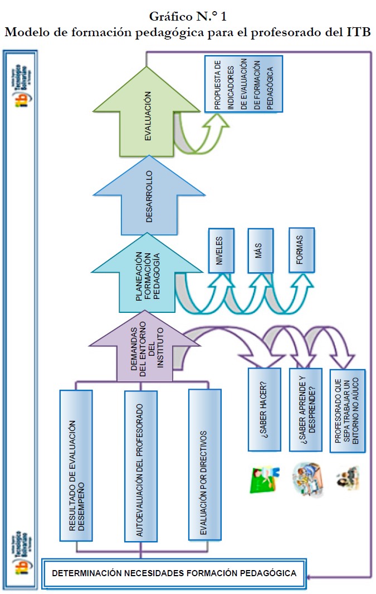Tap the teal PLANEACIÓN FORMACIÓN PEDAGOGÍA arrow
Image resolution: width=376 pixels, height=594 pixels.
pyautogui.click(x=147, y=281)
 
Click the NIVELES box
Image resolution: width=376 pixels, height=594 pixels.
pyautogui.click(x=219, y=251)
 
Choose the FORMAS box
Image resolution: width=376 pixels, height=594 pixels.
pyautogui.click(x=301, y=251)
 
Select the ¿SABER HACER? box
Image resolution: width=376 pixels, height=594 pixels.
pyautogui.click(x=265, y=410)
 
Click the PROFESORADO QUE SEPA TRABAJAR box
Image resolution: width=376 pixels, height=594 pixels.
pyautogui.click(x=347, y=410)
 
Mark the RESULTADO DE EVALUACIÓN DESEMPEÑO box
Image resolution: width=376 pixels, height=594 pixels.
pyautogui.click(x=76, y=465)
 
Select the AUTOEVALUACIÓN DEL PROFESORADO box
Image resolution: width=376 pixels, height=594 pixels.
pyautogui.click(x=139, y=465)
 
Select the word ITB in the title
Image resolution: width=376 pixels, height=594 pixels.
pyautogui.click(x=358, y=32)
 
